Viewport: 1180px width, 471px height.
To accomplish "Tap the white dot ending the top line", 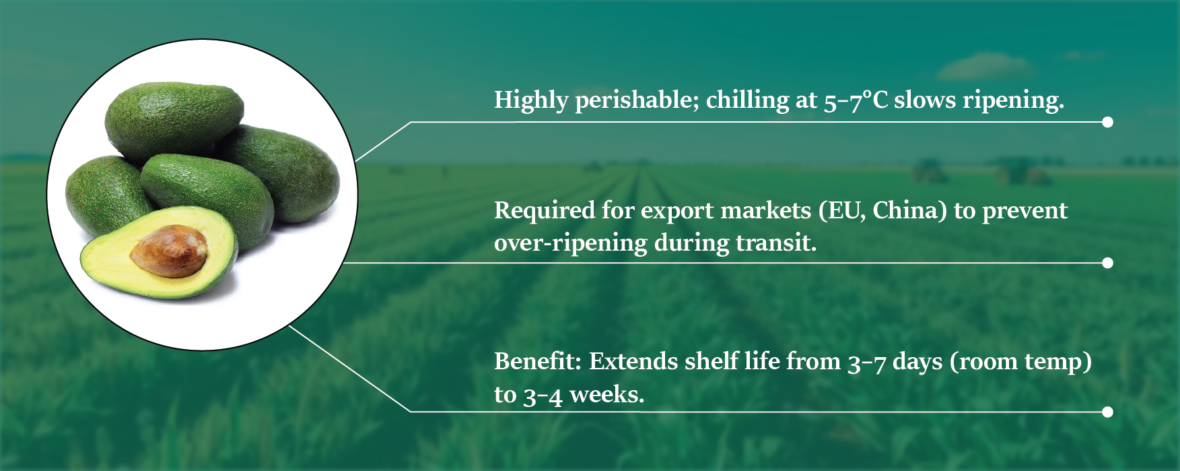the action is pos(1107,122).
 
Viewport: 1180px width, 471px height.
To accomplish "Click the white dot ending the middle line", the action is pos(1107,263).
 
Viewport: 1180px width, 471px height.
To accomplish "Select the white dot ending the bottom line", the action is pos(1107,412).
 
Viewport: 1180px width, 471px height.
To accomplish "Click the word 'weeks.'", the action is pos(607,394).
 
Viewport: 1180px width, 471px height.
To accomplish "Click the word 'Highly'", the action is pos(531,100).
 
